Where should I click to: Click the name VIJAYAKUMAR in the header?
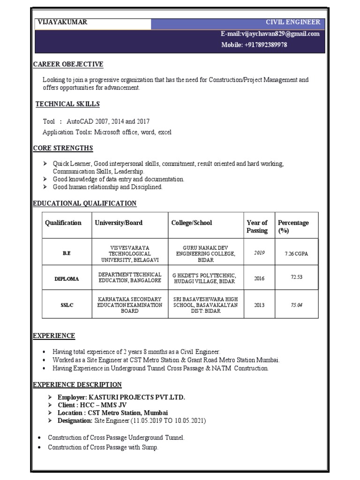[x=62, y=22]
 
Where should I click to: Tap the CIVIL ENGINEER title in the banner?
[x=293, y=22]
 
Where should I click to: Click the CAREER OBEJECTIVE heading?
[x=68, y=64]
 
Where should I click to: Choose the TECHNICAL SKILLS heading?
[x=68, y=104]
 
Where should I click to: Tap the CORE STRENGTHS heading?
[x=63, y=149]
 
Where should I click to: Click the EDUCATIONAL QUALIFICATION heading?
[x=84, y=203]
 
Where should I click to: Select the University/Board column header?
[x=119, y=223]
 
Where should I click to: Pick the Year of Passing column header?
[x=257, y=226]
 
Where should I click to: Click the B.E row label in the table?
[x=66, y=253]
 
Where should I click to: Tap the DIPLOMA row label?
[x=66, y=278]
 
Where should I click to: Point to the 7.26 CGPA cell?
[x=296, y=254]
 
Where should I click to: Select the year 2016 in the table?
[x=259, y=278]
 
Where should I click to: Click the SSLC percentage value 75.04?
[x=296, y=305]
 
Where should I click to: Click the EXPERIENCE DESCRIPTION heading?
[x=77, y=385]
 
